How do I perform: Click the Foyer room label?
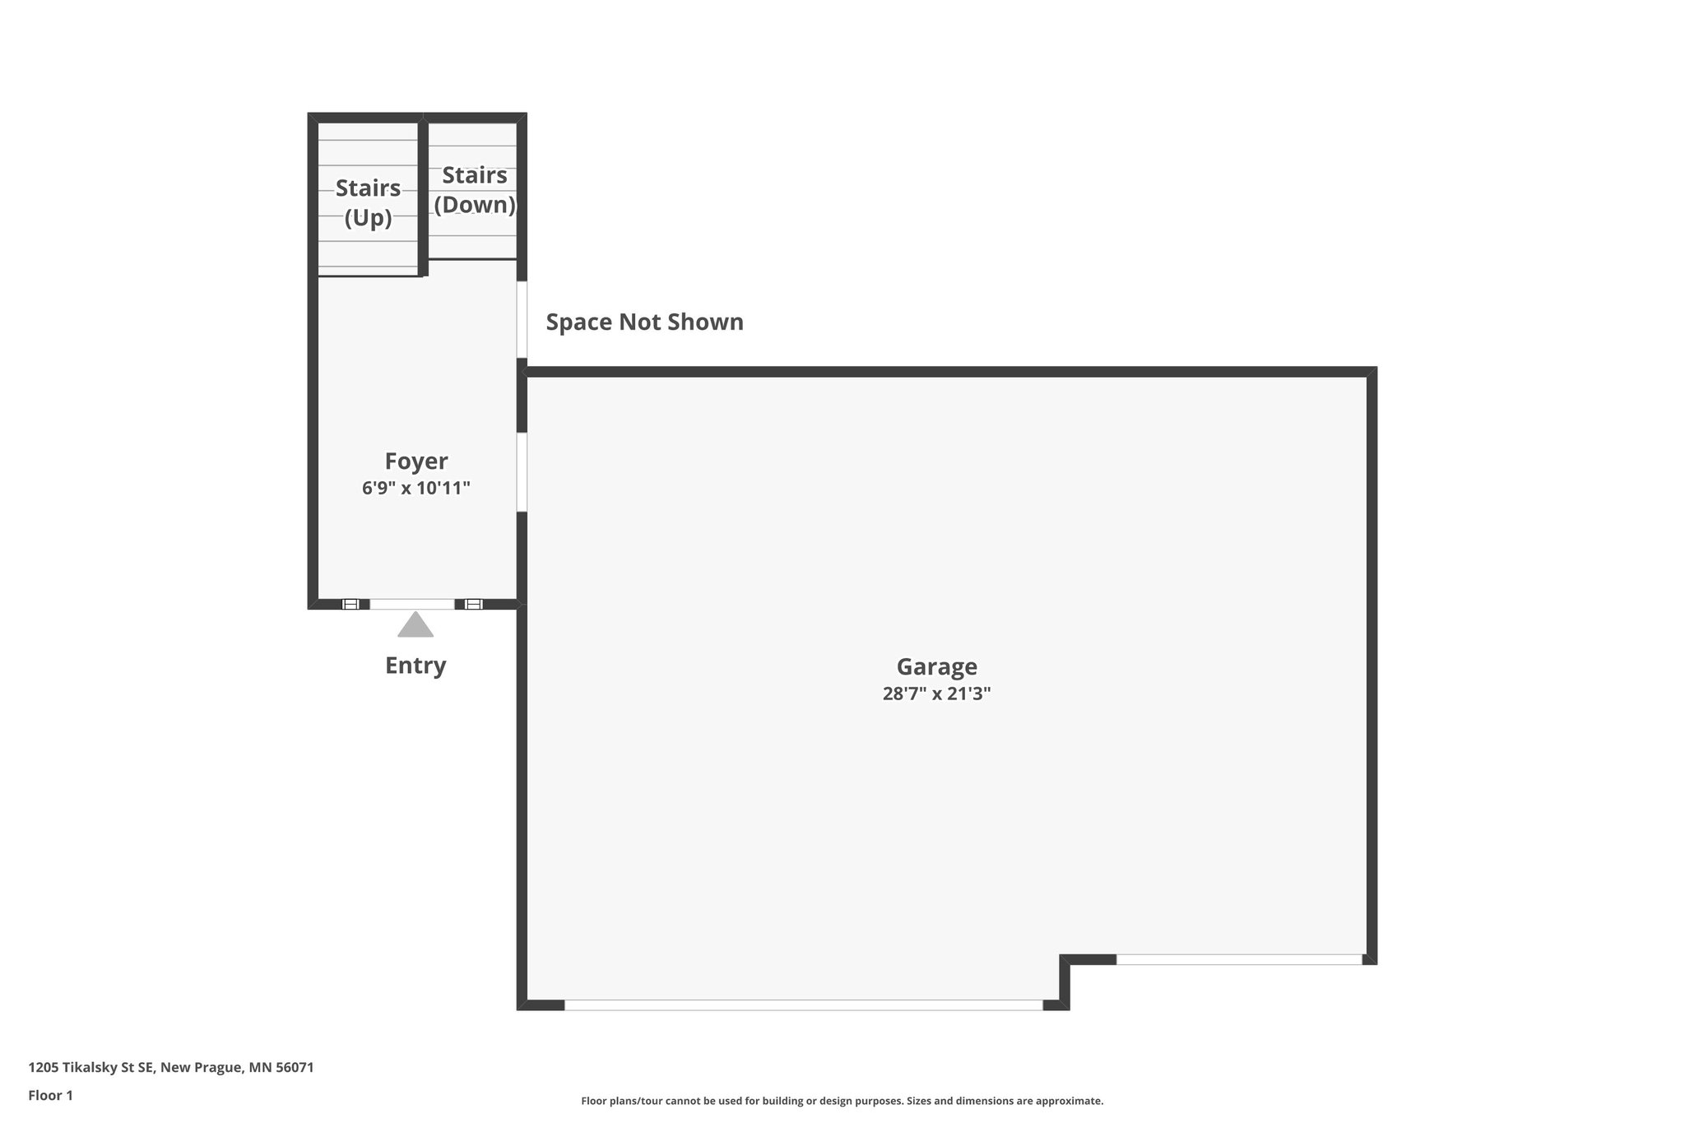[x=416, y=461]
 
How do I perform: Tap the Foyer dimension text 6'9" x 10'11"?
[x=416, y=488]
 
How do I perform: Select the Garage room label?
[x=936, y=666]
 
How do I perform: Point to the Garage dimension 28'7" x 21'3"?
[x=936, y=694]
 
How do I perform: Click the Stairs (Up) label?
[x=368, y=202]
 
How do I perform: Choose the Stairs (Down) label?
[x=475, y=189]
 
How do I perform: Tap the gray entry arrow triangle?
[x=415, y=625]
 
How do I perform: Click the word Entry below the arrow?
[x=415, y=665]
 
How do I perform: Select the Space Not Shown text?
[x=644, y=322]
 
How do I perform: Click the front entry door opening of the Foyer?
[x=412, y=604]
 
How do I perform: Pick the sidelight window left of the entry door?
[x=350, y=604]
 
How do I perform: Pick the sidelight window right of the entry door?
[x=473, y=604]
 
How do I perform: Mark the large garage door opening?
[x=803, y=1005]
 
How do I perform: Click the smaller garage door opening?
[x=1238, y=959]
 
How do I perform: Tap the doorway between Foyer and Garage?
[x=522, y=472]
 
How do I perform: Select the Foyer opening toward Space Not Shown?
[x=522, y=319]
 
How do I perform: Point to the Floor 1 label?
[x=50, y=1095]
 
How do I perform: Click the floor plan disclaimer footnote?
[x=842, y=1101]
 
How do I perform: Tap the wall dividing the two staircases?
[x=423, y=197]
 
